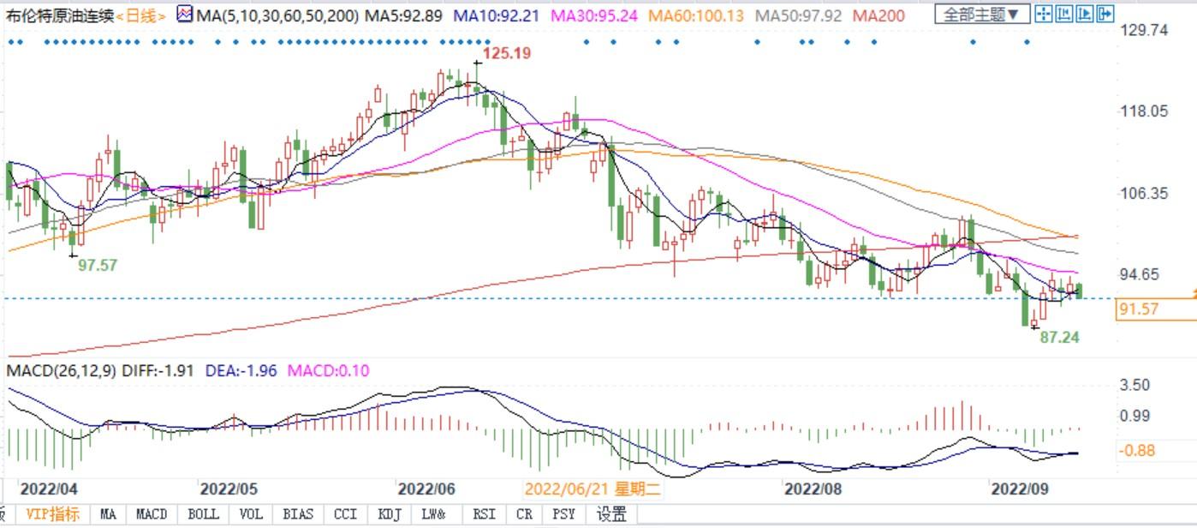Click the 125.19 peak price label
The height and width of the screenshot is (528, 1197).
[x=506, y=53]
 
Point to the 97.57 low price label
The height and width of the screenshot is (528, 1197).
[x=98, y=266]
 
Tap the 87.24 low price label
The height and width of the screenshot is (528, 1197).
[x=1059, y=338]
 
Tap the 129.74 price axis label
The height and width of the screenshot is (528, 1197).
[x=1144, y=30]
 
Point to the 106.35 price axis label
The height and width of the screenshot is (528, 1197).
[x=1144, y=194]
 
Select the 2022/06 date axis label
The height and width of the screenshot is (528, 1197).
[x=426, y=489]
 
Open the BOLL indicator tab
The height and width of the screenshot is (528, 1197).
[x=203, y=514]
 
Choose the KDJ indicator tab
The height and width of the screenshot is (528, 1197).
[x=389, y=514]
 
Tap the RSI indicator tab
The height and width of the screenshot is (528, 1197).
[x=484, y=514]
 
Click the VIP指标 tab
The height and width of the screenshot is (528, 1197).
[x=52, y=514]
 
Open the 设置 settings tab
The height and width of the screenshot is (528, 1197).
[x=611, y=514]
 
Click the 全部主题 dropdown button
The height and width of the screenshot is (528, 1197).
[x=981, y=14]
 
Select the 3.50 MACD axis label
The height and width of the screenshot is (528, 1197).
[x=1135, y=385]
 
